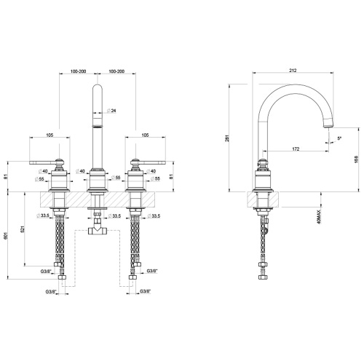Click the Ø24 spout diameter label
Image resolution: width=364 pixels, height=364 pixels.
110,111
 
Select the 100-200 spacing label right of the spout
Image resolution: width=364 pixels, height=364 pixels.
116,71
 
